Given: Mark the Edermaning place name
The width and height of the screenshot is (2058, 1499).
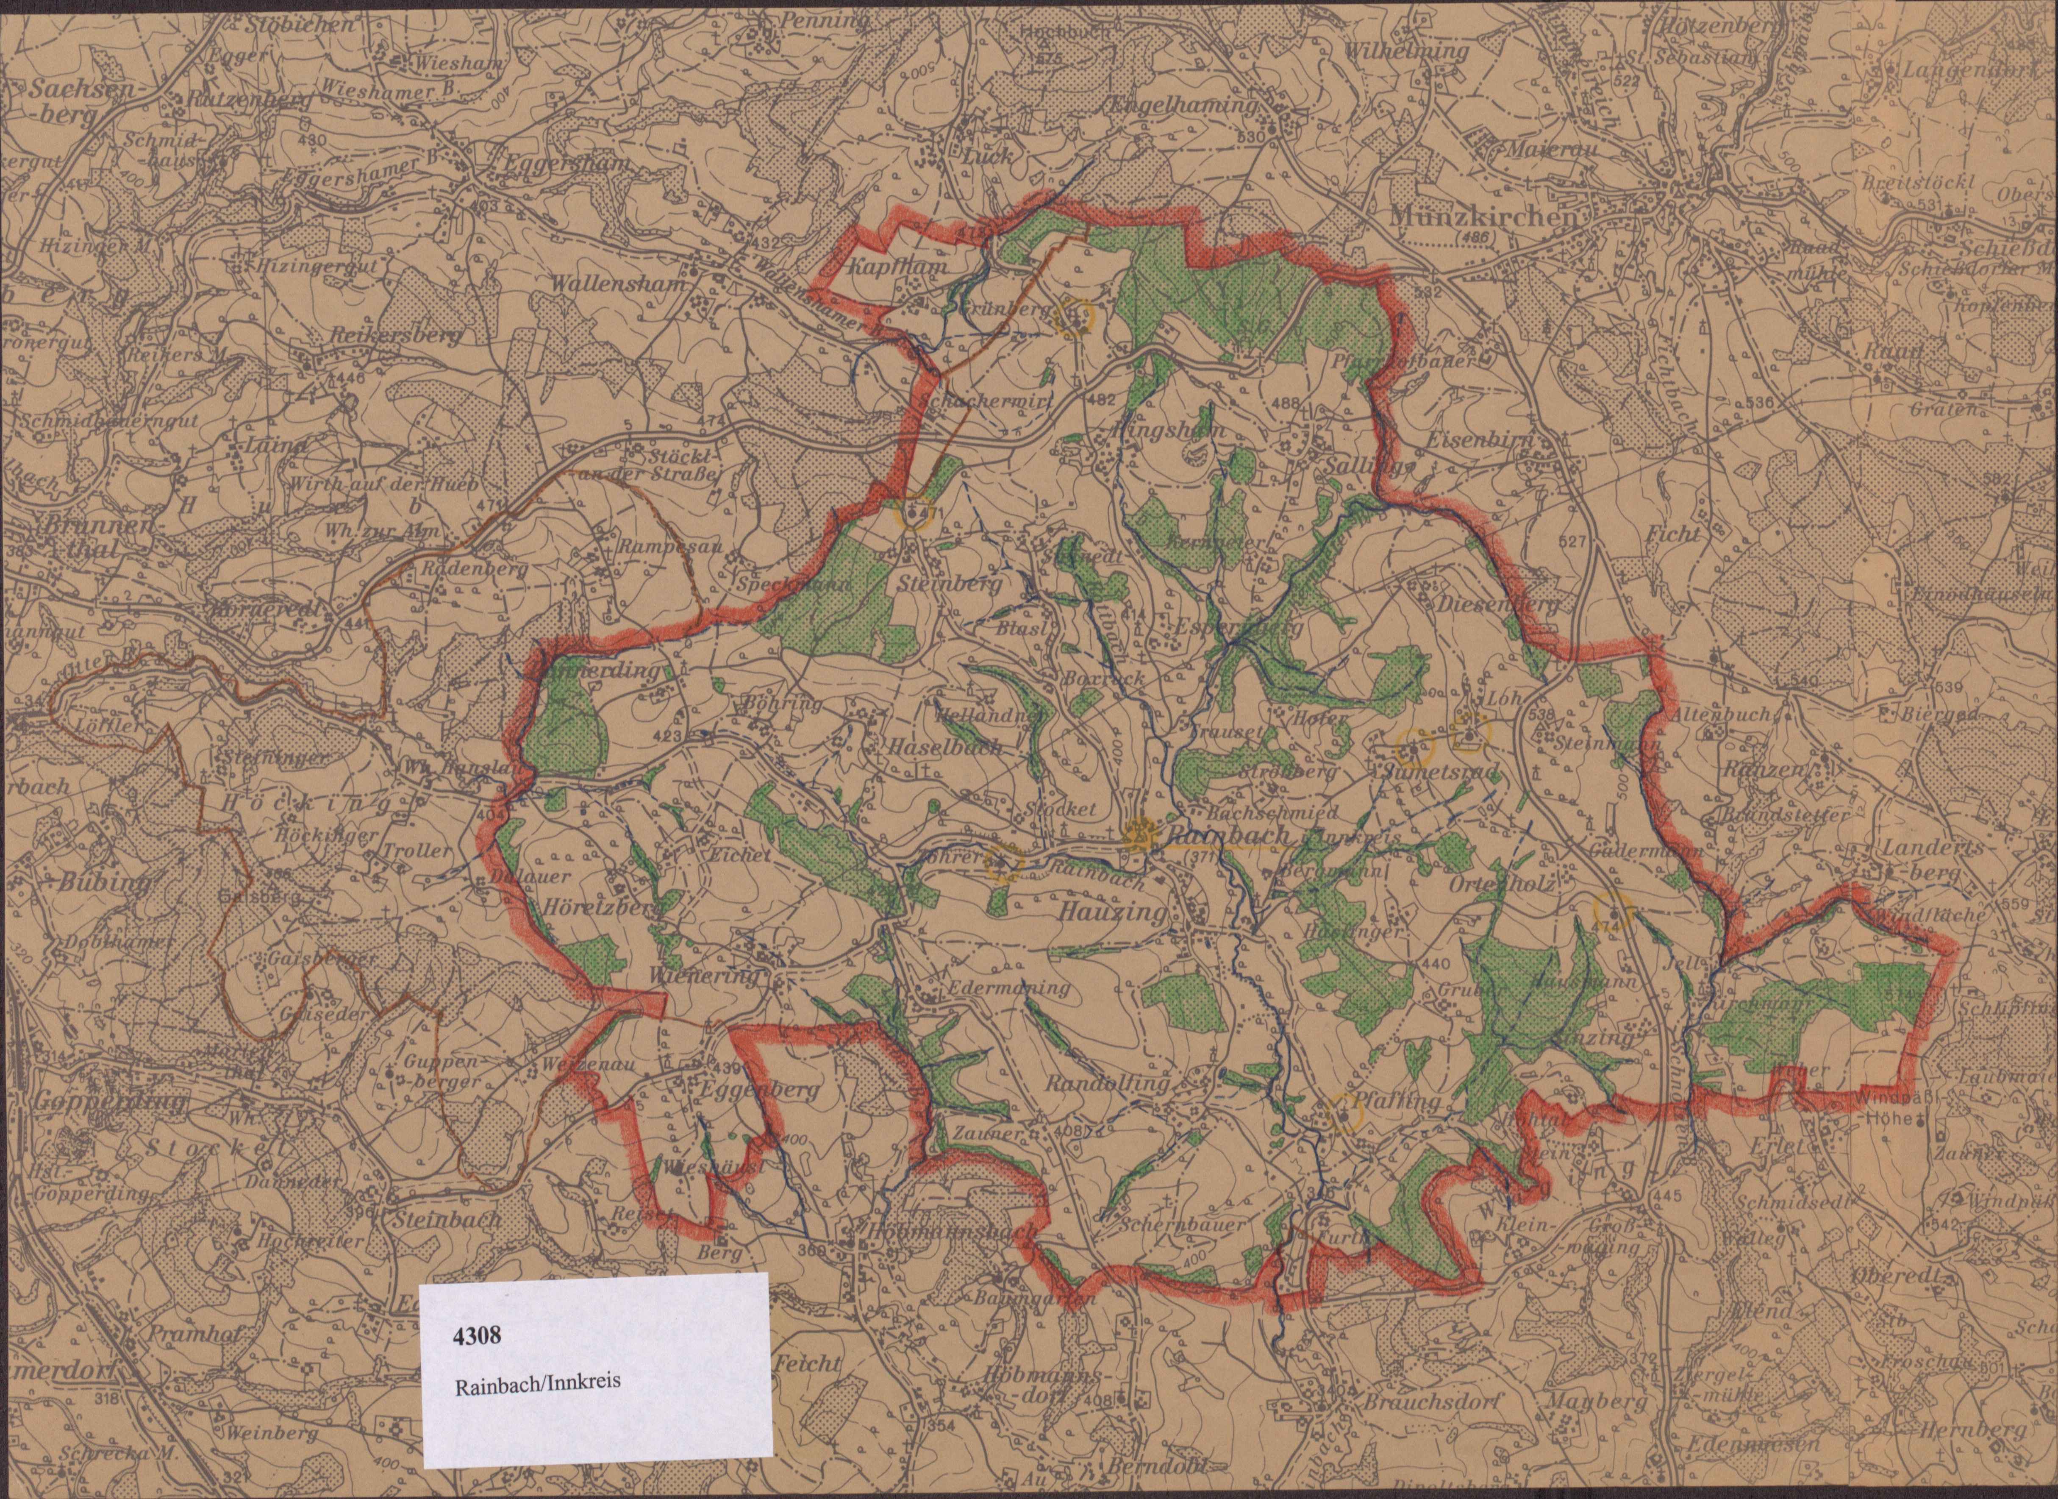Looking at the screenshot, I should [x=1008, y=987].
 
